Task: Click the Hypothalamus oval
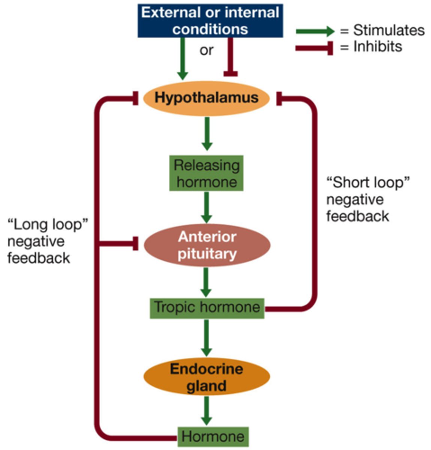coord(207,98)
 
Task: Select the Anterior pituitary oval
coord(207,245)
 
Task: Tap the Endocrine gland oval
coord(207,377)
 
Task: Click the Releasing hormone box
coord(206,173)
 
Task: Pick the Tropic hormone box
coord(207,308)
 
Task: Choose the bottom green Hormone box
coord(213,436)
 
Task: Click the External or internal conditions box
coord(210,21)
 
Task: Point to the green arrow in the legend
coord(314,31)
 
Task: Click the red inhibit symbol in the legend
coord(314,48)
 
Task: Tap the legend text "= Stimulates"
coord(382,30)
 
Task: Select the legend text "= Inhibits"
coord(371,47)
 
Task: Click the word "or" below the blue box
coord(206,50)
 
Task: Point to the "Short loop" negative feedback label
coord(368,199)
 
